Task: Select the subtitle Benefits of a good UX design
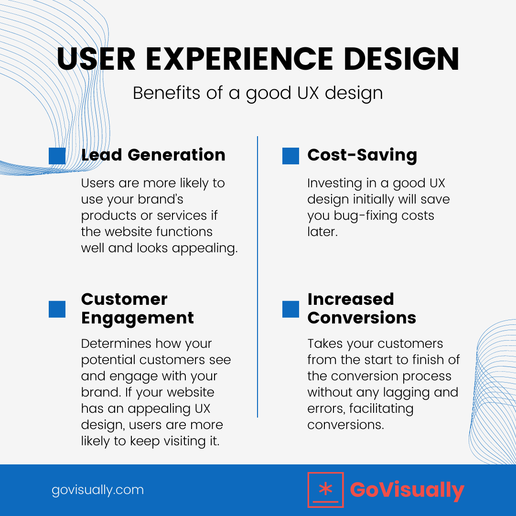pyautogui.click(x=258, y=93)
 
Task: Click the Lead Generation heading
pyautogui.click(x=153, y=155)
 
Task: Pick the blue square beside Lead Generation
pyautogui.click(x=57, y=156)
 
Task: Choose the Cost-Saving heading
pyautogui.click(x=362, y=155)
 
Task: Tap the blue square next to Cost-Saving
pyautogui.click(x=290, y=156)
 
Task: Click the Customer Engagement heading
pyautogui.click(x=138, y=308)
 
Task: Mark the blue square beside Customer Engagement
pyautogui.click(x=57, y=309)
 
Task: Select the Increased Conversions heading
pyautogui.click(x=362, y=308)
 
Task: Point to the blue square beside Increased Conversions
pyautogui.click(x=290, y=309)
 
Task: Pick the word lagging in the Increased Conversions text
pyautogui.click(x=395, y=392)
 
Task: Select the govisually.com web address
pyautogui.click(x=97, y=490)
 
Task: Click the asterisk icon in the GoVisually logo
pyautogui.click(x=325, y=490)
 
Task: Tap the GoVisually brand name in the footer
pyautogui.click(x=407, y=490)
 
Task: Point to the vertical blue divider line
pyautogui.click(x=258, y=277)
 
